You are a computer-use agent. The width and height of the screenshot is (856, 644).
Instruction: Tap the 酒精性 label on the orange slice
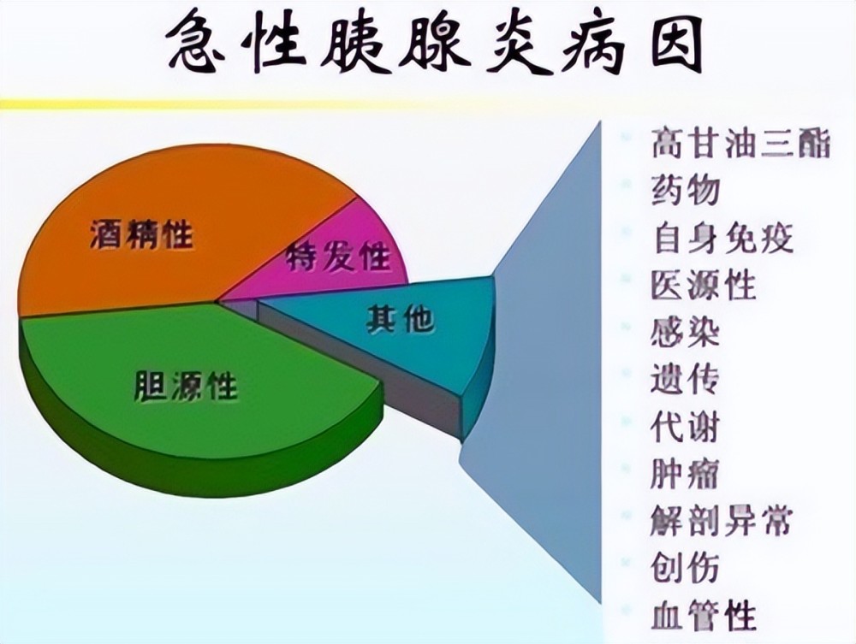(x=141, y=234)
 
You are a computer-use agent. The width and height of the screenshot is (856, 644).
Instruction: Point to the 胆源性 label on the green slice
(x=186, y=386)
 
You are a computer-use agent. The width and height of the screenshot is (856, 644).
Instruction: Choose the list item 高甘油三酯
(x=740, y=144)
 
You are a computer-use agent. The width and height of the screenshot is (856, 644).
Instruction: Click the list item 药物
(x=685, y=191)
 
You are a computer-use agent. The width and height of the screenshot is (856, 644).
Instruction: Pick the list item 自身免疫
(x=722, y=238)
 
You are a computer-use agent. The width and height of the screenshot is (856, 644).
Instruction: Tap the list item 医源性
(x=704, y=285)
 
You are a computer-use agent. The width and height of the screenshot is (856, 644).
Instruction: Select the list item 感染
(x=685, y=332)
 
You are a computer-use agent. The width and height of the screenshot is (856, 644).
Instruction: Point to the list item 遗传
(x=685, y=379)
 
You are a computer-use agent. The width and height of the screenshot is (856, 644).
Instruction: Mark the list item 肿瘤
(x=685, y=473)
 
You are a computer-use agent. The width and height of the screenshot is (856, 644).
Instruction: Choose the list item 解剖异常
(x=721, y=521)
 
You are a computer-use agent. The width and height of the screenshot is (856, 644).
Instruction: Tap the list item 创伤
(x=685, y=568)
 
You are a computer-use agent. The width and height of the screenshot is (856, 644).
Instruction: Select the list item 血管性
(x=704, y=615)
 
